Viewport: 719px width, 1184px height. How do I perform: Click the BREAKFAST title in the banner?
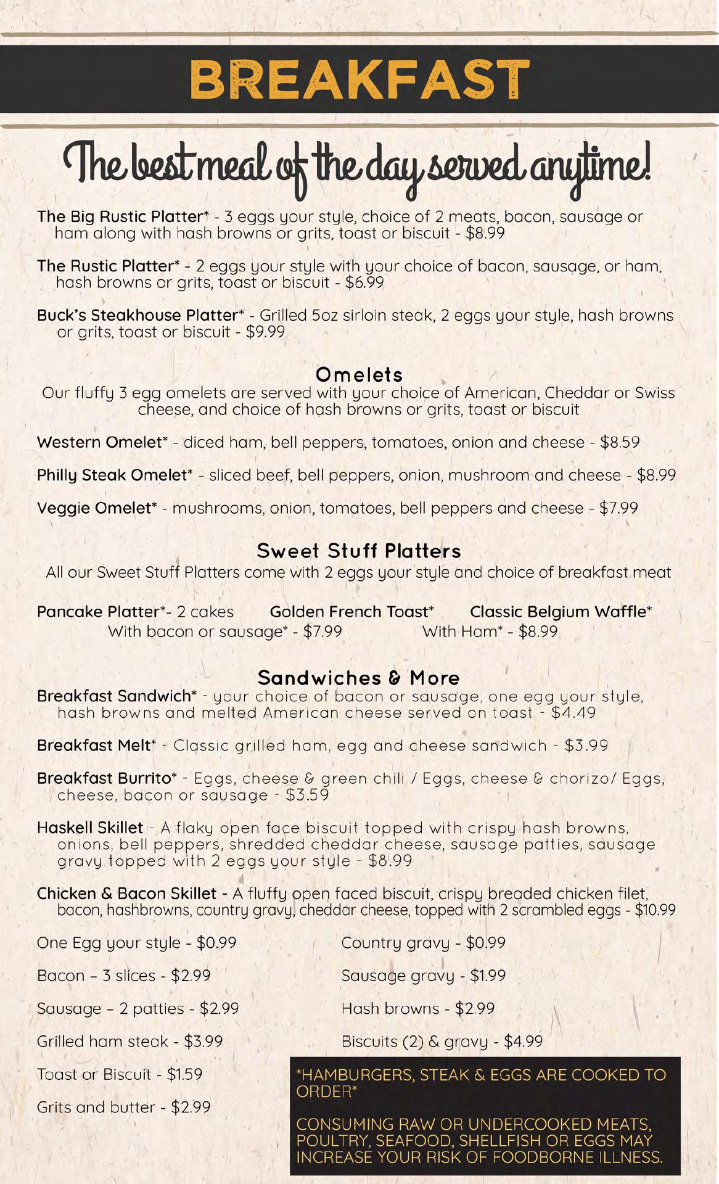359,80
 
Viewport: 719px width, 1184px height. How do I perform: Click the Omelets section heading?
359,374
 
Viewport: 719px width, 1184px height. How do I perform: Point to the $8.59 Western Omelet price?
620,443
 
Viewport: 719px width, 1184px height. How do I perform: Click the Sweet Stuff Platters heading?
359,551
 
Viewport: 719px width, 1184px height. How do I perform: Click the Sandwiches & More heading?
359,678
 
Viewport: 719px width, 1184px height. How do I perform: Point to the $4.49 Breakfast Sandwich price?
573,713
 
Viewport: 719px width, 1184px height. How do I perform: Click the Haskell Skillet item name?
90,828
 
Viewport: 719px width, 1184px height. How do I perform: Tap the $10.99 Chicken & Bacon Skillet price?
655,910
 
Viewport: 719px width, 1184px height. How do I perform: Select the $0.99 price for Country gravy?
486,943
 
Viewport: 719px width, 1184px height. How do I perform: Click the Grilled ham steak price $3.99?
203,1042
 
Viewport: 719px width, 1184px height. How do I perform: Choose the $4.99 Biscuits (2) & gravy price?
524,1042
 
